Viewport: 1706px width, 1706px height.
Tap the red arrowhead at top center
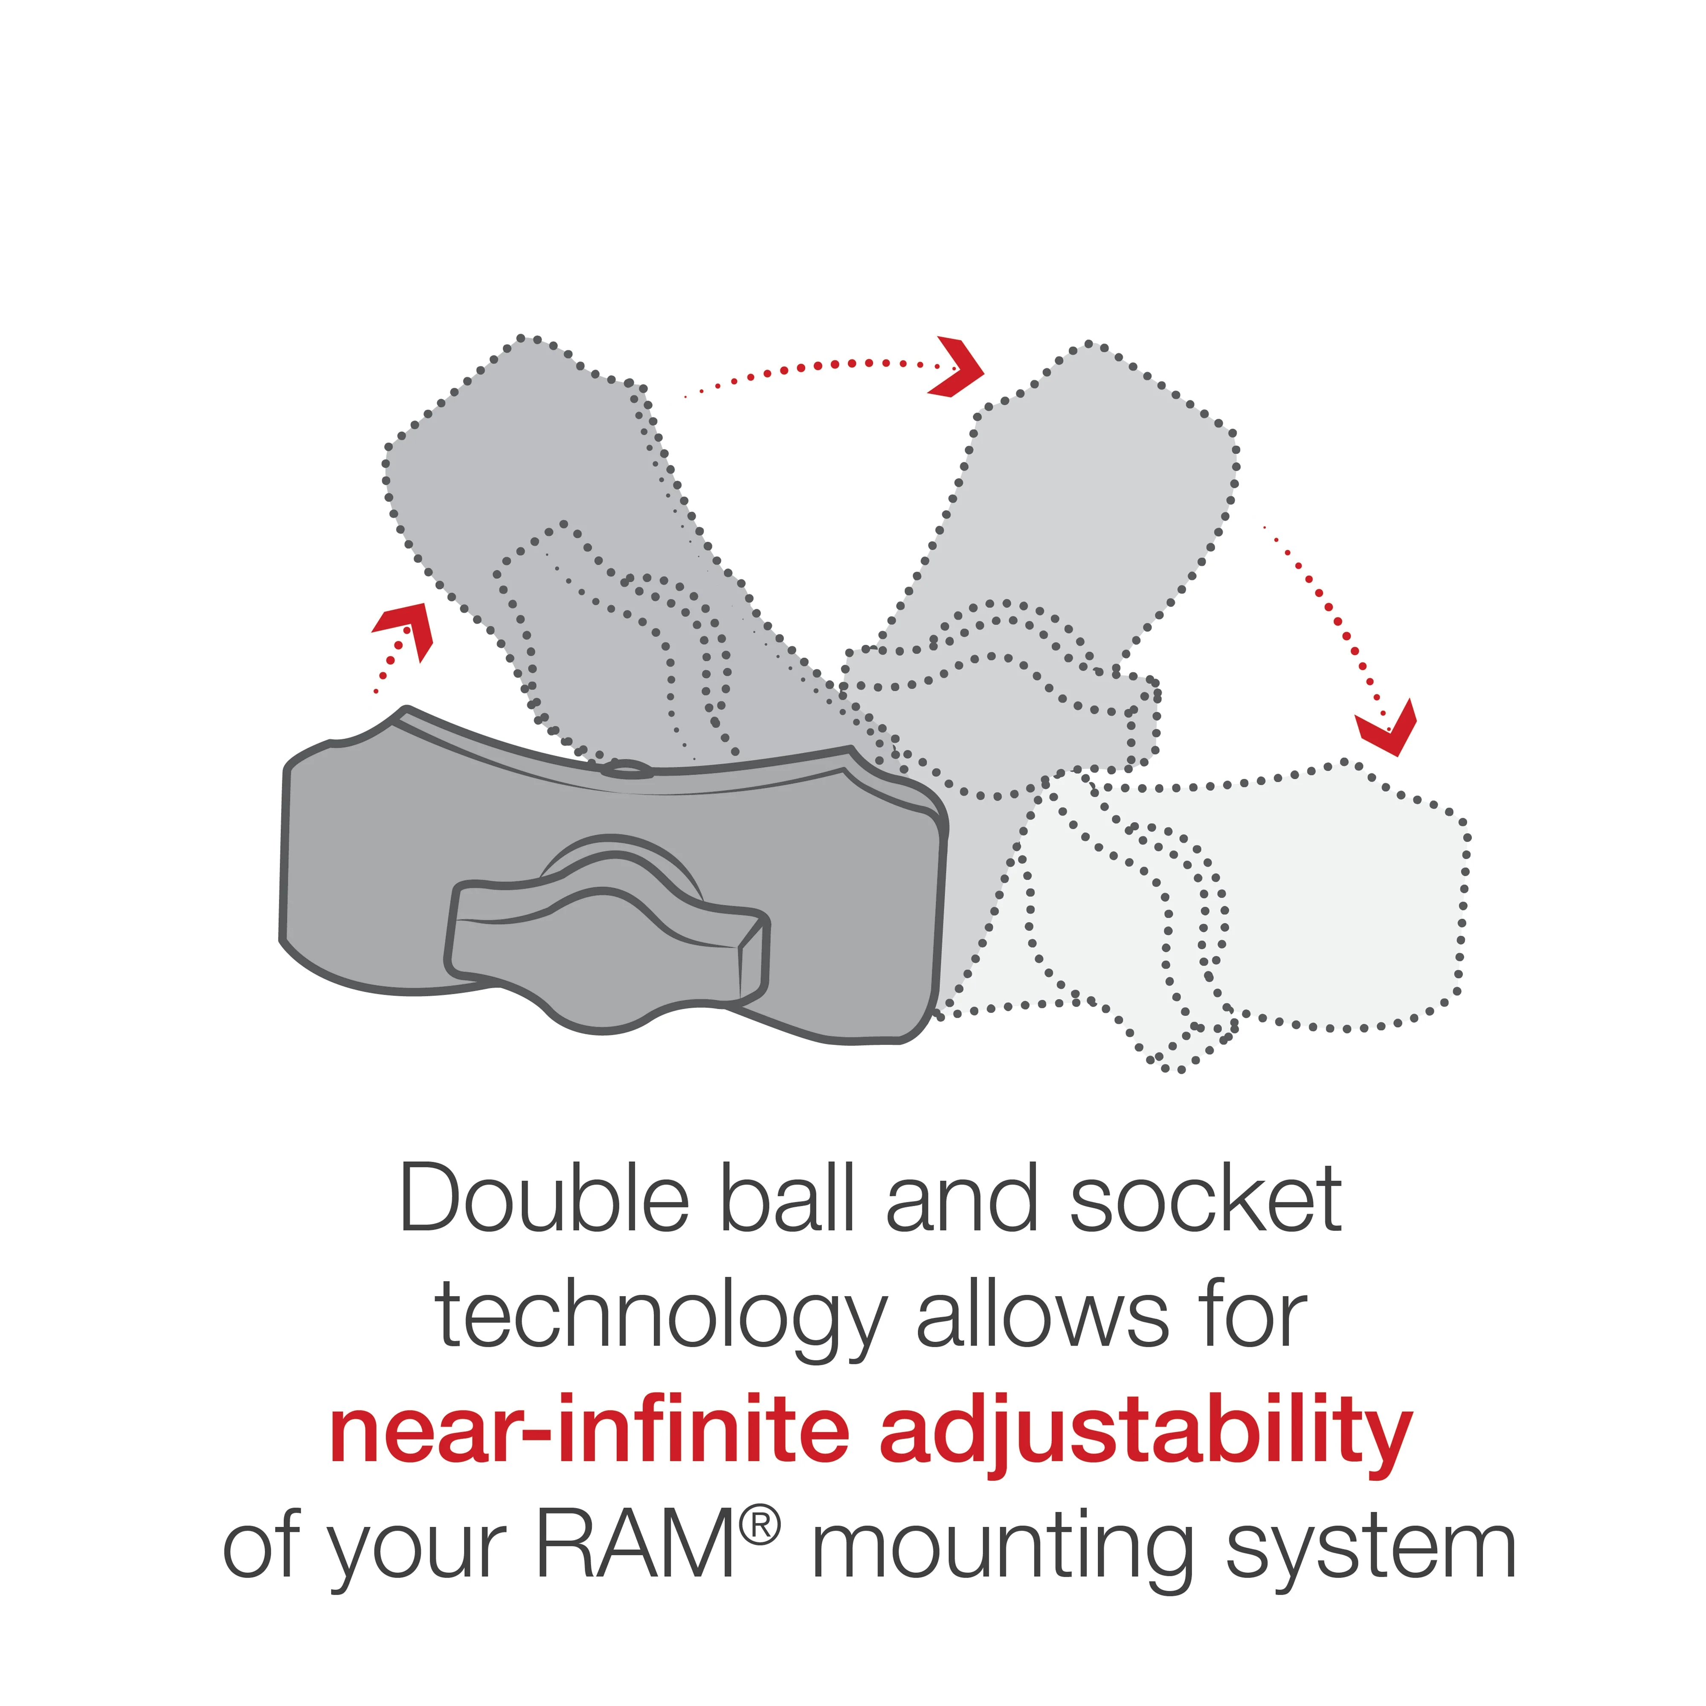coord(958,366)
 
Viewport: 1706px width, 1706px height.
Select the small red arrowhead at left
coord(406,627)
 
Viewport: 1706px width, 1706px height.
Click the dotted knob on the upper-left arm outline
coord(618,644)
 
